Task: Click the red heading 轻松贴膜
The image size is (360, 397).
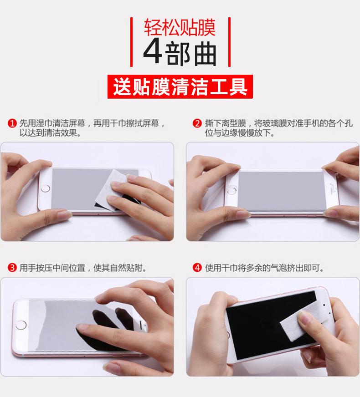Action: pyautogui.click(x=180, y=27)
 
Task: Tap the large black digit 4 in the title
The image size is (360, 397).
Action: pyautogui.click(x=153, y=52)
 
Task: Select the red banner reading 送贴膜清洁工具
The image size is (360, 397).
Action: pyautogui.click(x=180, y=87)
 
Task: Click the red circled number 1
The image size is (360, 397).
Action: pyautogui.click(x=12, y=123)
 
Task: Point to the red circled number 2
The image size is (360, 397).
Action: pyautogui.click(x=197, y=123)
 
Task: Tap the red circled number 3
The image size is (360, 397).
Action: pyautogui.click(x=12, y=268)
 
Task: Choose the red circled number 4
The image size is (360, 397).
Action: pyautogui.click(x=197, y=268)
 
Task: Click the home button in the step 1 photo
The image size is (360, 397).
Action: pyautogui.click(x=46, y=188)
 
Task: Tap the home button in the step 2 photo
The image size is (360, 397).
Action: pyautogui.click(x=232, y=190)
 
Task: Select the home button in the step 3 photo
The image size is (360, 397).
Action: pyautogui.click(x=21, y=325)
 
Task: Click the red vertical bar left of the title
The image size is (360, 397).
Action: pyautogui.click(x=131, y=42)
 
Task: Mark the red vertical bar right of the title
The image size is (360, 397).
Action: pyautogui.click(x=229, y=42)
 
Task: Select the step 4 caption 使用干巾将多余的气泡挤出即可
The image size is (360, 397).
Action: pyautogui.click(x=264, y=268)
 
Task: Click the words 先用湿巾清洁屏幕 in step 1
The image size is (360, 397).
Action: pyautogui.click(x=52, y=123)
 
